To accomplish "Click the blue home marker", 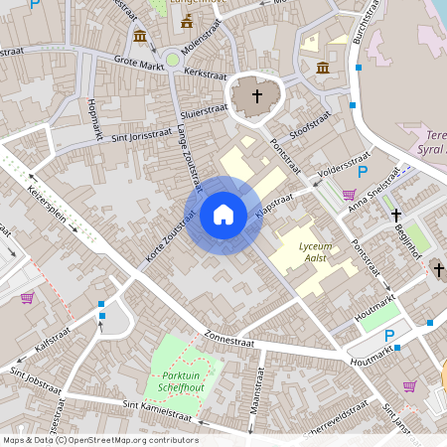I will point(223,215).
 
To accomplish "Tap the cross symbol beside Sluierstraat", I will point(257,96).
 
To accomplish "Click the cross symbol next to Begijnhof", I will point(395,215).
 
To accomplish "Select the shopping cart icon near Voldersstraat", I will point(349,195).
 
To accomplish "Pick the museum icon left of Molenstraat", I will point(139,37).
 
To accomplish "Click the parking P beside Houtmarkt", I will point(389,336).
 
